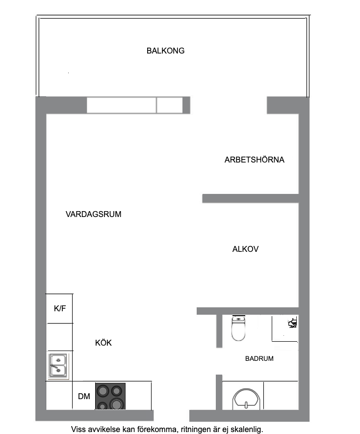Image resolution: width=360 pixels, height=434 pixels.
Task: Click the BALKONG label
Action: pyautogui.click(x=165, y=51)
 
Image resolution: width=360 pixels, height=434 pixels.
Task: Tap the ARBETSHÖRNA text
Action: pyautogui.click(x=254, y=160)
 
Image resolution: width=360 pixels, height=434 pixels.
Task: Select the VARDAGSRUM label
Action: pyautogui.click(x=93, y=215)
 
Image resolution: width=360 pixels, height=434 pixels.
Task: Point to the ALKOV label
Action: pyautogui.click(x=245, y=249)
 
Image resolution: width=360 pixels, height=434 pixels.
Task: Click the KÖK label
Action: pyautogui.click(x=103, y=343)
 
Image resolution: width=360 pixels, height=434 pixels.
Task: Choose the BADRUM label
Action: pyautogui.click(x=259, y=359)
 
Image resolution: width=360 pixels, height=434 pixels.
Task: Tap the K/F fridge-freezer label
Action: pyautogui.click(x=60, y=309)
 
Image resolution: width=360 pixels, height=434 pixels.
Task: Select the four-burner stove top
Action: pyautogui.click(x=110, y=397)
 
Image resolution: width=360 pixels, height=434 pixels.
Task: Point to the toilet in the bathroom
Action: pyautogui.click(x=238, y=329)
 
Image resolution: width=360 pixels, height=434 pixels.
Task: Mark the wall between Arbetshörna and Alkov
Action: pyautogui.click(x=250, y=198)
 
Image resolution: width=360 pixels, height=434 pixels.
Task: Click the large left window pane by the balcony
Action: pyautogui.click(x=122, y=105)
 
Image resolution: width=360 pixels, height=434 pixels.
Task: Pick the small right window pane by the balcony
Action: pyautogui.click(x=169, y=105)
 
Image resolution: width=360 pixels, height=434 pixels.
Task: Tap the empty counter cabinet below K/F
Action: pyautogui.click(x=59, y=337)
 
